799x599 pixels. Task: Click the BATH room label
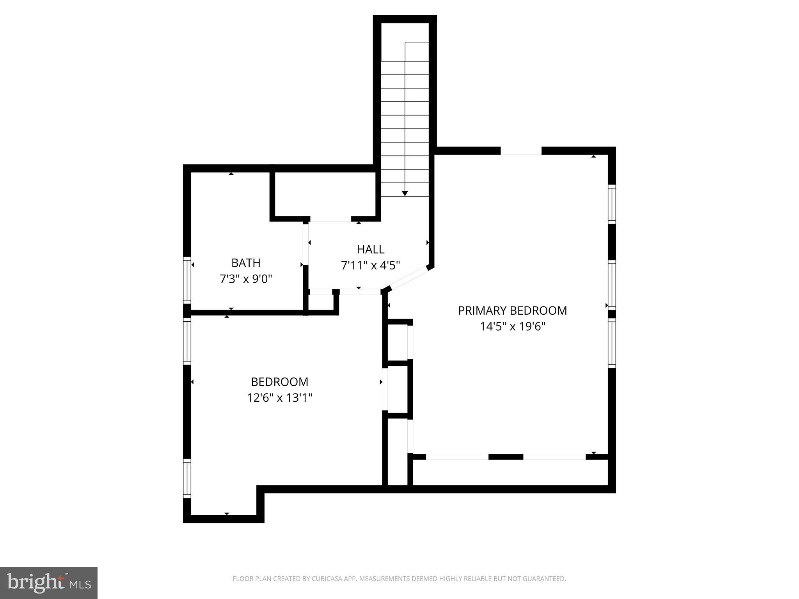246,263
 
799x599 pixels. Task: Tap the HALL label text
370,249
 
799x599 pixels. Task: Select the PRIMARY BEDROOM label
512,310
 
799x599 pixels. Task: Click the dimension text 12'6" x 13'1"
280,398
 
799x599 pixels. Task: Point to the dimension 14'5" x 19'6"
512,326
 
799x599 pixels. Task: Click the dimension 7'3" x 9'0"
246,279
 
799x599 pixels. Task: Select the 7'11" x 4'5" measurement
370,266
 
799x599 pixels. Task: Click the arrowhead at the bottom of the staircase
405,193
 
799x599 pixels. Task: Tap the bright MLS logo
49,583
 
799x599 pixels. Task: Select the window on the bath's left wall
187,280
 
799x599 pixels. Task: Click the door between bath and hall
305,243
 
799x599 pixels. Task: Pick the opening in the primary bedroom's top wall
521,151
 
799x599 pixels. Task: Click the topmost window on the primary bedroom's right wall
612,204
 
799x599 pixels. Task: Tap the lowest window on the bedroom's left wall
187,478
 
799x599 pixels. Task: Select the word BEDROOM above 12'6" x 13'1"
280,381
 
